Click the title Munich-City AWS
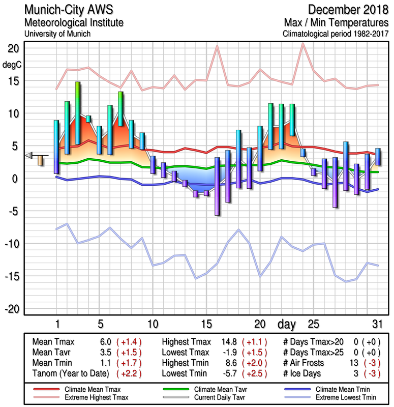66,10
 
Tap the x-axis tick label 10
153,324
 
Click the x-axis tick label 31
377,324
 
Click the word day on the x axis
288,324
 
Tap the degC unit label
12,65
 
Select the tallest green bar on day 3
78,113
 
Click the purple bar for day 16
217,186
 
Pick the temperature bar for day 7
120,109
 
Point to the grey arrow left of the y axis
29,155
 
